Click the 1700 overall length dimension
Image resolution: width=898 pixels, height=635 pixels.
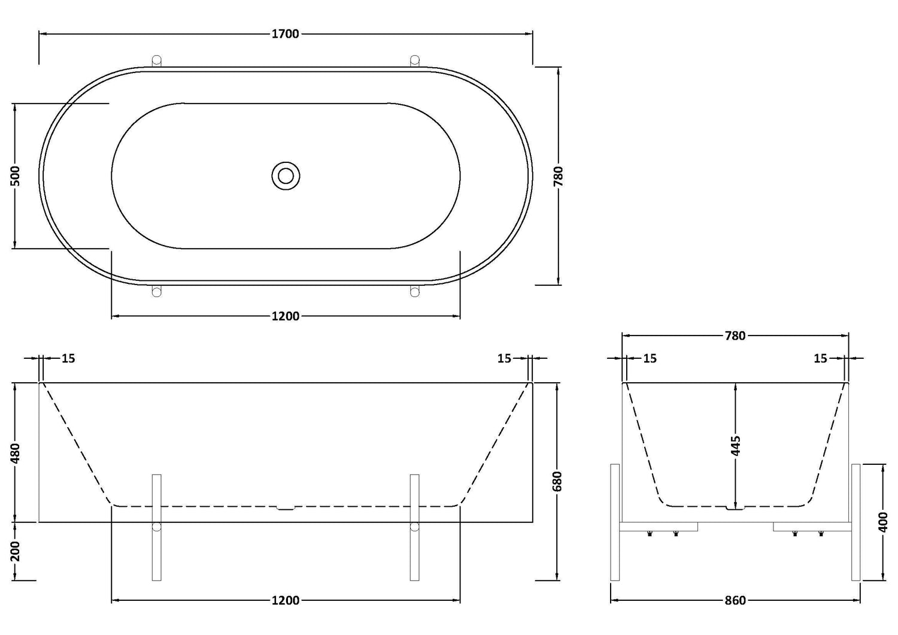286,34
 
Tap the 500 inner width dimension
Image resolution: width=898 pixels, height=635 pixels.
15,176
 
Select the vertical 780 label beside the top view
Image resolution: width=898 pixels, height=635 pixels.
559,176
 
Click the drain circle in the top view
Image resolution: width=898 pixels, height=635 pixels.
286,176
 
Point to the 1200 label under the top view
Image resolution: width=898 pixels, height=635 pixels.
286,316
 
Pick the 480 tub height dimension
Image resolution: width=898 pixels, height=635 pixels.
15,453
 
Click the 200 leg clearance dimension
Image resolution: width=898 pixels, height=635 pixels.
15,551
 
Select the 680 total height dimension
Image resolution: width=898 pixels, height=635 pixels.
557,481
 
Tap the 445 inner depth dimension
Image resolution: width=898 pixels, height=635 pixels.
736,446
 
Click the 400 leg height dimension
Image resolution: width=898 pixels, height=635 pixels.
883,522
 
